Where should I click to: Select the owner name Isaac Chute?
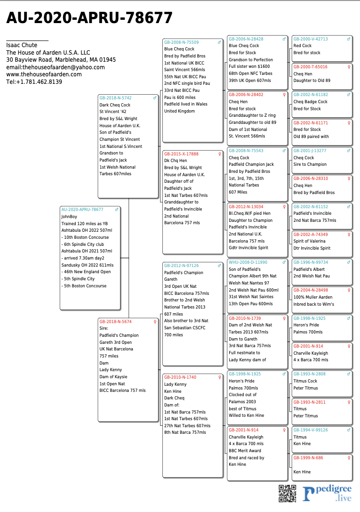point(22,45)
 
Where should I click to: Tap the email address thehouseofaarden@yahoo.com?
point(56,67)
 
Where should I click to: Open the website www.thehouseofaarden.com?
point(44,74)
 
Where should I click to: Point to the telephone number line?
point(34,82)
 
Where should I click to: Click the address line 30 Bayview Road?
point(61,60)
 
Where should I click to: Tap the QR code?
point(287,493)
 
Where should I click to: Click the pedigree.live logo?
point(327,493)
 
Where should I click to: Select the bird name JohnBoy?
point(69,217)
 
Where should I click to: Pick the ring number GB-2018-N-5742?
point(115,98)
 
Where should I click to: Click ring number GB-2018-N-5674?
point(115,322)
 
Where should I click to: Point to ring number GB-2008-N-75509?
point(181,42)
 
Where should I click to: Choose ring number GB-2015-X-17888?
point(181,154)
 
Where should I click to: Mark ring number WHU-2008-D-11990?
point(248,262)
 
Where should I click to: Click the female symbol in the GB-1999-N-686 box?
point(349,458)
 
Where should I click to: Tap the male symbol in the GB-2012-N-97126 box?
point(219,266)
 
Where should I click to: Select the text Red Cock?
point(303,46)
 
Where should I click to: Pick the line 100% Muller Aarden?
point(313,297)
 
